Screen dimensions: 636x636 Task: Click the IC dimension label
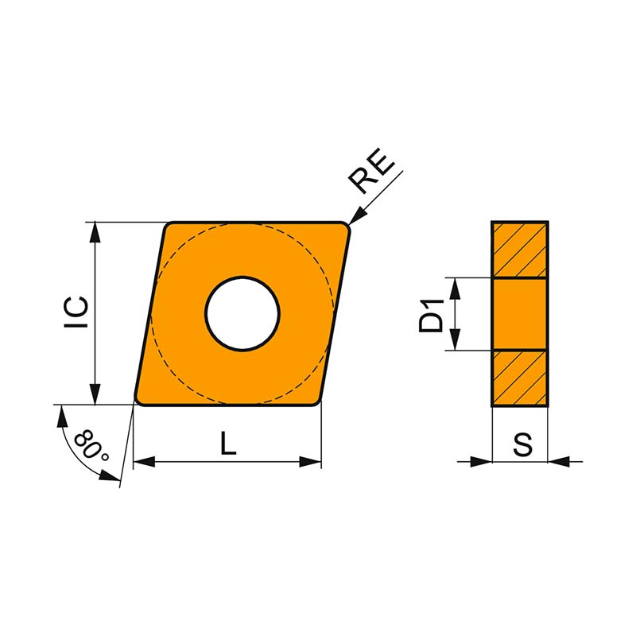point(76,312)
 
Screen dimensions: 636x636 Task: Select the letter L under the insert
point(228,443)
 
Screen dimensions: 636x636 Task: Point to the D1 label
point(432,315)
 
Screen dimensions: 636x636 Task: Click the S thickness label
point(522,444)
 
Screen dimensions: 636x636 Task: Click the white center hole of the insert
point(242,313)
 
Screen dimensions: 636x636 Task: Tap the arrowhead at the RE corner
point(355,215)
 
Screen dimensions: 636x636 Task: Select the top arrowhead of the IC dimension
point(95,232)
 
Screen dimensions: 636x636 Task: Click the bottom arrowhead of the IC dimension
point(95,394)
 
